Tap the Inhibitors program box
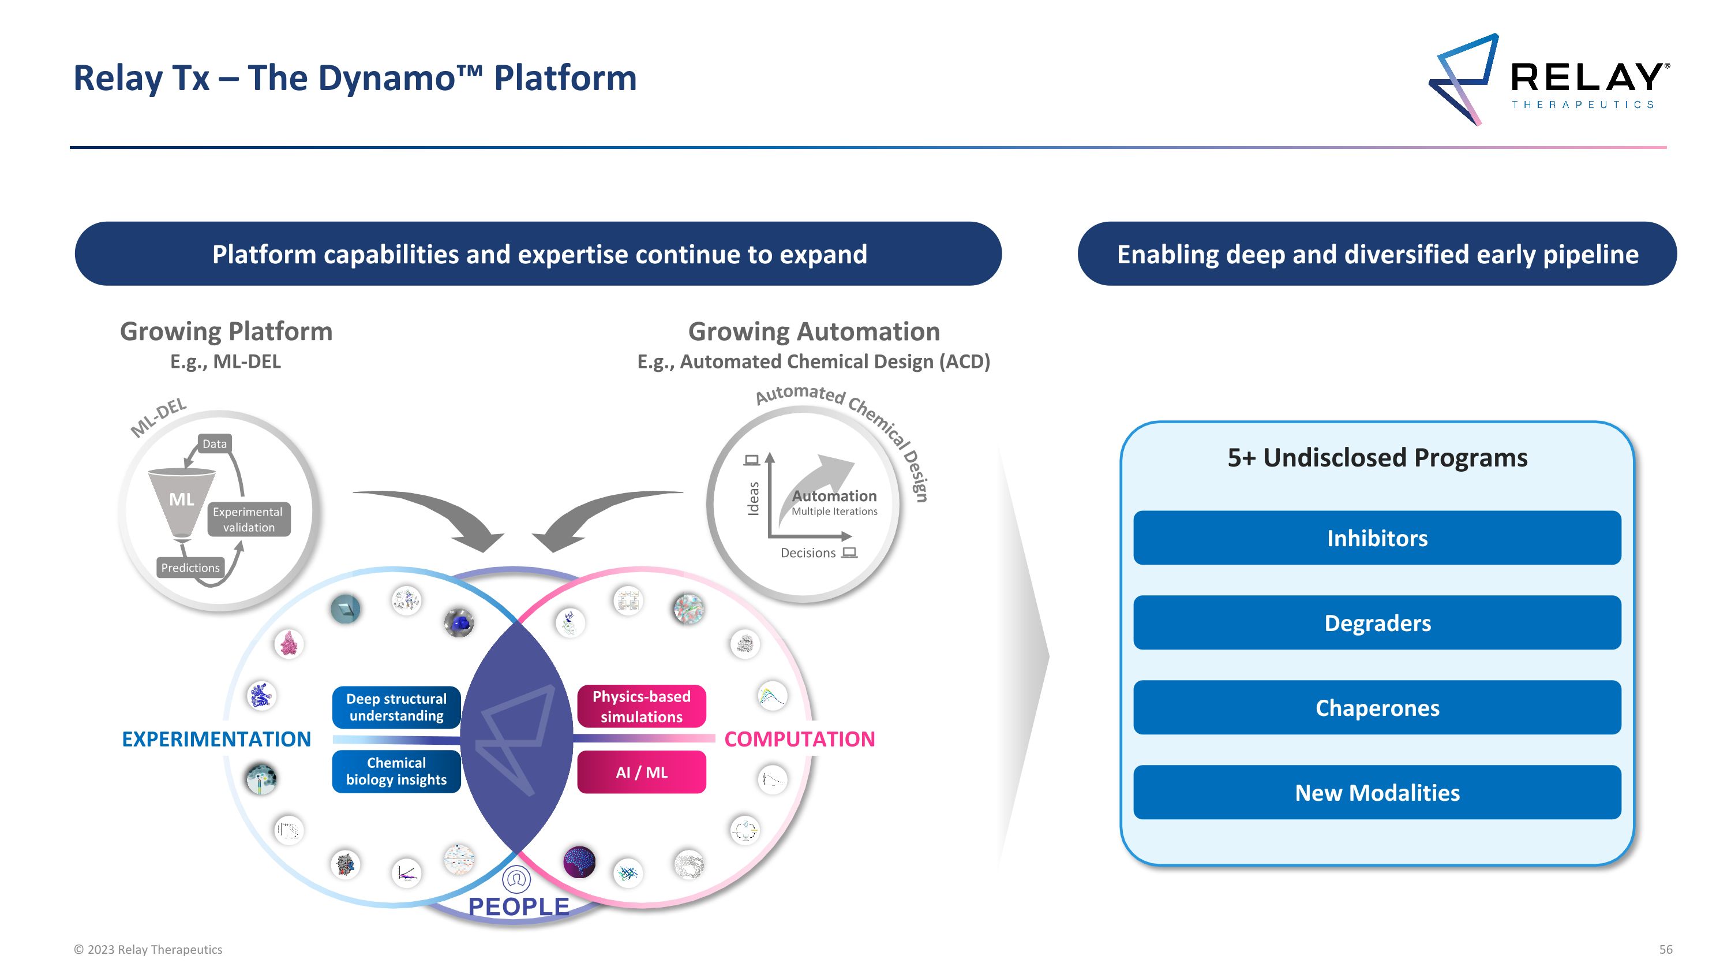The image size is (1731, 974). [x=1377, y=538]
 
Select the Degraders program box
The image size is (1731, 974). [x=1377, y=622]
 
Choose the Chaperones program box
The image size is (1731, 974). [x=1377, y=707]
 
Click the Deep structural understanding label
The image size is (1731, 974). [x=396, y=707]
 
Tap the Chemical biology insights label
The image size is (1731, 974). [x=396, y=771]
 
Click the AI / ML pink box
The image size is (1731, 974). [x=641, y=773]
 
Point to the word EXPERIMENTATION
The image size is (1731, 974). [x=216, y=739]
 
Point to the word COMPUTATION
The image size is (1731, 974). [x=799, y=739]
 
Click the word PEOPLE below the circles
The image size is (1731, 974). [x=518, y=906]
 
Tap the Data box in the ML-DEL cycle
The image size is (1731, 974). [x=215, y=443]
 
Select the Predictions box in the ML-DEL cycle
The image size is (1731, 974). [x=190, y=568]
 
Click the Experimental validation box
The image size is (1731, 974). [x=248, y=520]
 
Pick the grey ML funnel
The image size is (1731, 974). [x=181, y=501]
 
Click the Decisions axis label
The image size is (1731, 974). [x=808, y=553]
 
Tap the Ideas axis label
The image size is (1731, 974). [x=754, y=498]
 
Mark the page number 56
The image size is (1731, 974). [x=1666, y=949]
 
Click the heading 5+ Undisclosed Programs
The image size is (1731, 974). [x=1377, y=458]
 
